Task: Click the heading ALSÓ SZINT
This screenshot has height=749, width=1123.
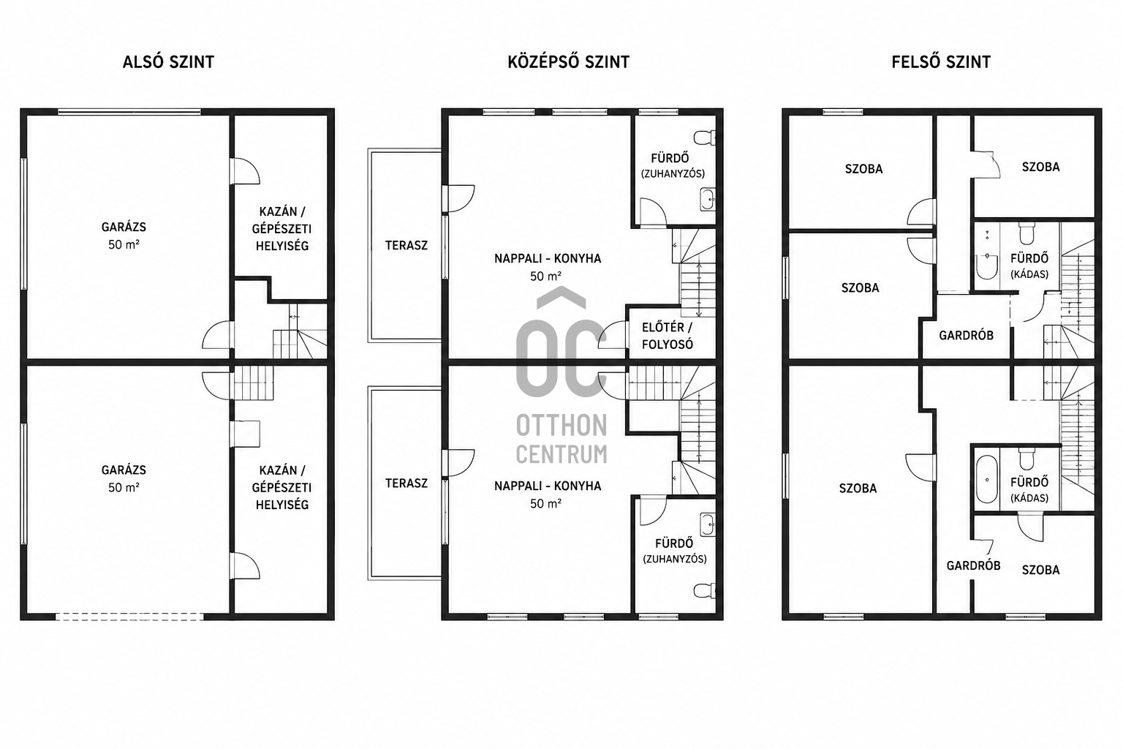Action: [168, 62]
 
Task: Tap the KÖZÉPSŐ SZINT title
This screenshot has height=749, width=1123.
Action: [569, 62]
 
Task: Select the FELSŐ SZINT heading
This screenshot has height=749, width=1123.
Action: [941, 62]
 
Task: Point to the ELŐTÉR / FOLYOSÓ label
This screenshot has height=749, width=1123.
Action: [668, 336]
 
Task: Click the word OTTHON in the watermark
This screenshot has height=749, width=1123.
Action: [561, 426]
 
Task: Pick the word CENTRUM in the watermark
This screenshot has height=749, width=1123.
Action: [561, 454]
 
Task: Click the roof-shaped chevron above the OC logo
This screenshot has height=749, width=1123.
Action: [561, 297]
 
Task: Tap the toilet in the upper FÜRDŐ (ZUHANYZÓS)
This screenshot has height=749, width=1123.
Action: [704, 138]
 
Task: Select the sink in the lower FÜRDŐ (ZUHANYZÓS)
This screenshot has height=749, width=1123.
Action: [708, 524]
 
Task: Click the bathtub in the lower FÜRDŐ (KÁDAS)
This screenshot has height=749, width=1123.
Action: [986, 479]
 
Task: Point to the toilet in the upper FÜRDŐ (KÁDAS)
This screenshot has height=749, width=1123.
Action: [1026, 233]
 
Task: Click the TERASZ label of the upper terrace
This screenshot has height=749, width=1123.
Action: [407, 245]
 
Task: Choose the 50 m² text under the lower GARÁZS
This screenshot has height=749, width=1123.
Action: [124, 487]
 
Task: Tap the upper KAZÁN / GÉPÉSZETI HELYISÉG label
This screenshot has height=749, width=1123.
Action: [281, 229]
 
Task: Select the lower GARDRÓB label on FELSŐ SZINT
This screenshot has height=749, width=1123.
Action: [973, 566]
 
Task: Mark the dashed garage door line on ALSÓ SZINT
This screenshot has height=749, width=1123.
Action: [129, 617]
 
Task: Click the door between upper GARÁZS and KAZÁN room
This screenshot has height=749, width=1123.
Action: [245, 171]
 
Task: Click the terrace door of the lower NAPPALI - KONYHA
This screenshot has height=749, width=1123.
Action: [458, 462]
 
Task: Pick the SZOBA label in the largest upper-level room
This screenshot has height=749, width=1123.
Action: [858, 488]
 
